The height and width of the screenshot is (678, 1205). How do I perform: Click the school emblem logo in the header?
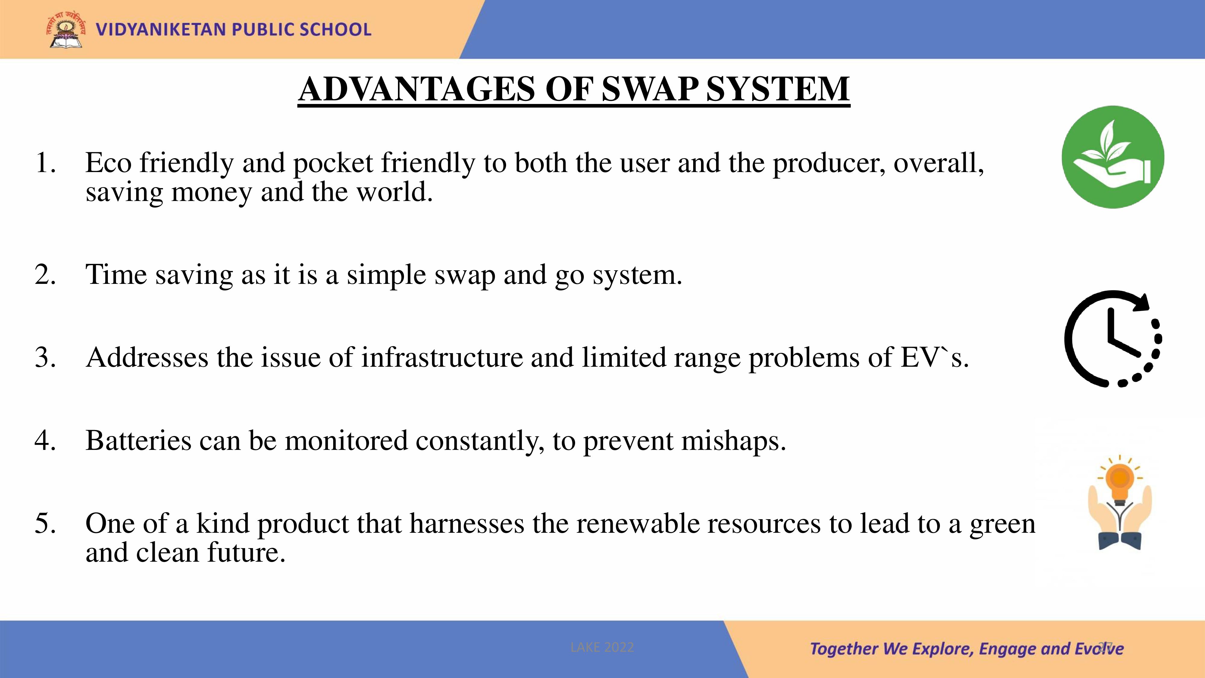(x=66, y=30)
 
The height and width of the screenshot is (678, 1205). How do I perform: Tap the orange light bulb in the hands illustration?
(x=1120, y=482)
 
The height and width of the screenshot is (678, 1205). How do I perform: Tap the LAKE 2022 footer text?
(x=602, y=648)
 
